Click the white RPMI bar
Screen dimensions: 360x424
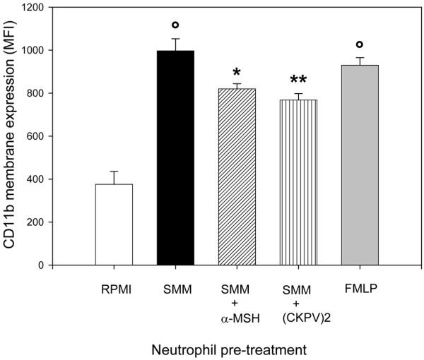(x=113, y=224)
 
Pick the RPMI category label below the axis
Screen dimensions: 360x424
(x=113, y=289)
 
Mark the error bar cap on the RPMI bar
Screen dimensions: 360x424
(x=113, y=172)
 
